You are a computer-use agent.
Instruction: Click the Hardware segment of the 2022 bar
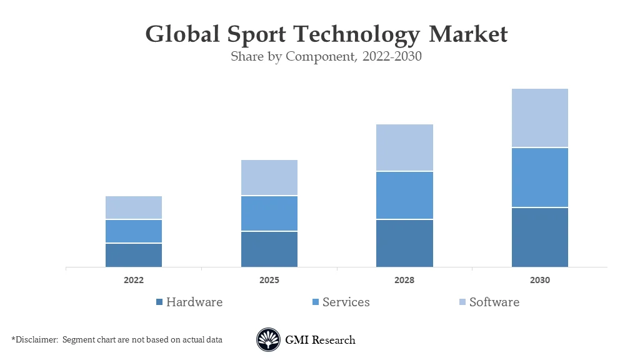click(134, 255)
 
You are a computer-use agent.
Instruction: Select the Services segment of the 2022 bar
click(134, 231)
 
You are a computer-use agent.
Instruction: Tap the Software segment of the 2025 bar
click(269, 177)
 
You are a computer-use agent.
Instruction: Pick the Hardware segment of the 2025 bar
click(269, 249)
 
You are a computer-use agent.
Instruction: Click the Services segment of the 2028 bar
click(404, 195)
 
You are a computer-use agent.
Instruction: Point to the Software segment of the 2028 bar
click(404, 147)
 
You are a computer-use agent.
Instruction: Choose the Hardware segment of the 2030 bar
click(540, 237)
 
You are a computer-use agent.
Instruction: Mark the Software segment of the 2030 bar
click(540, 117)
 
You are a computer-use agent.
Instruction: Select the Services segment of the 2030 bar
click(540, 177)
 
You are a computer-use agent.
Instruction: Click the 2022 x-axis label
click(134, 281)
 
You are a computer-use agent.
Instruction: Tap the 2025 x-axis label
click(269, 281)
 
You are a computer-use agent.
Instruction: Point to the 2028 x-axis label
click(404, 281)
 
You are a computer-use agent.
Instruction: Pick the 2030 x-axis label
click(540, 281)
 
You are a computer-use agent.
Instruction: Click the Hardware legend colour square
click(159, 302)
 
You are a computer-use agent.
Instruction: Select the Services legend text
click(346, 302)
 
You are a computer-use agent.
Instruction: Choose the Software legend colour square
click(462, 302)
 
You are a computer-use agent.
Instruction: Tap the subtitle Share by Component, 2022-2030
click(326, 57)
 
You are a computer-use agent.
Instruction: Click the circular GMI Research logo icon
click(268, 340)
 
